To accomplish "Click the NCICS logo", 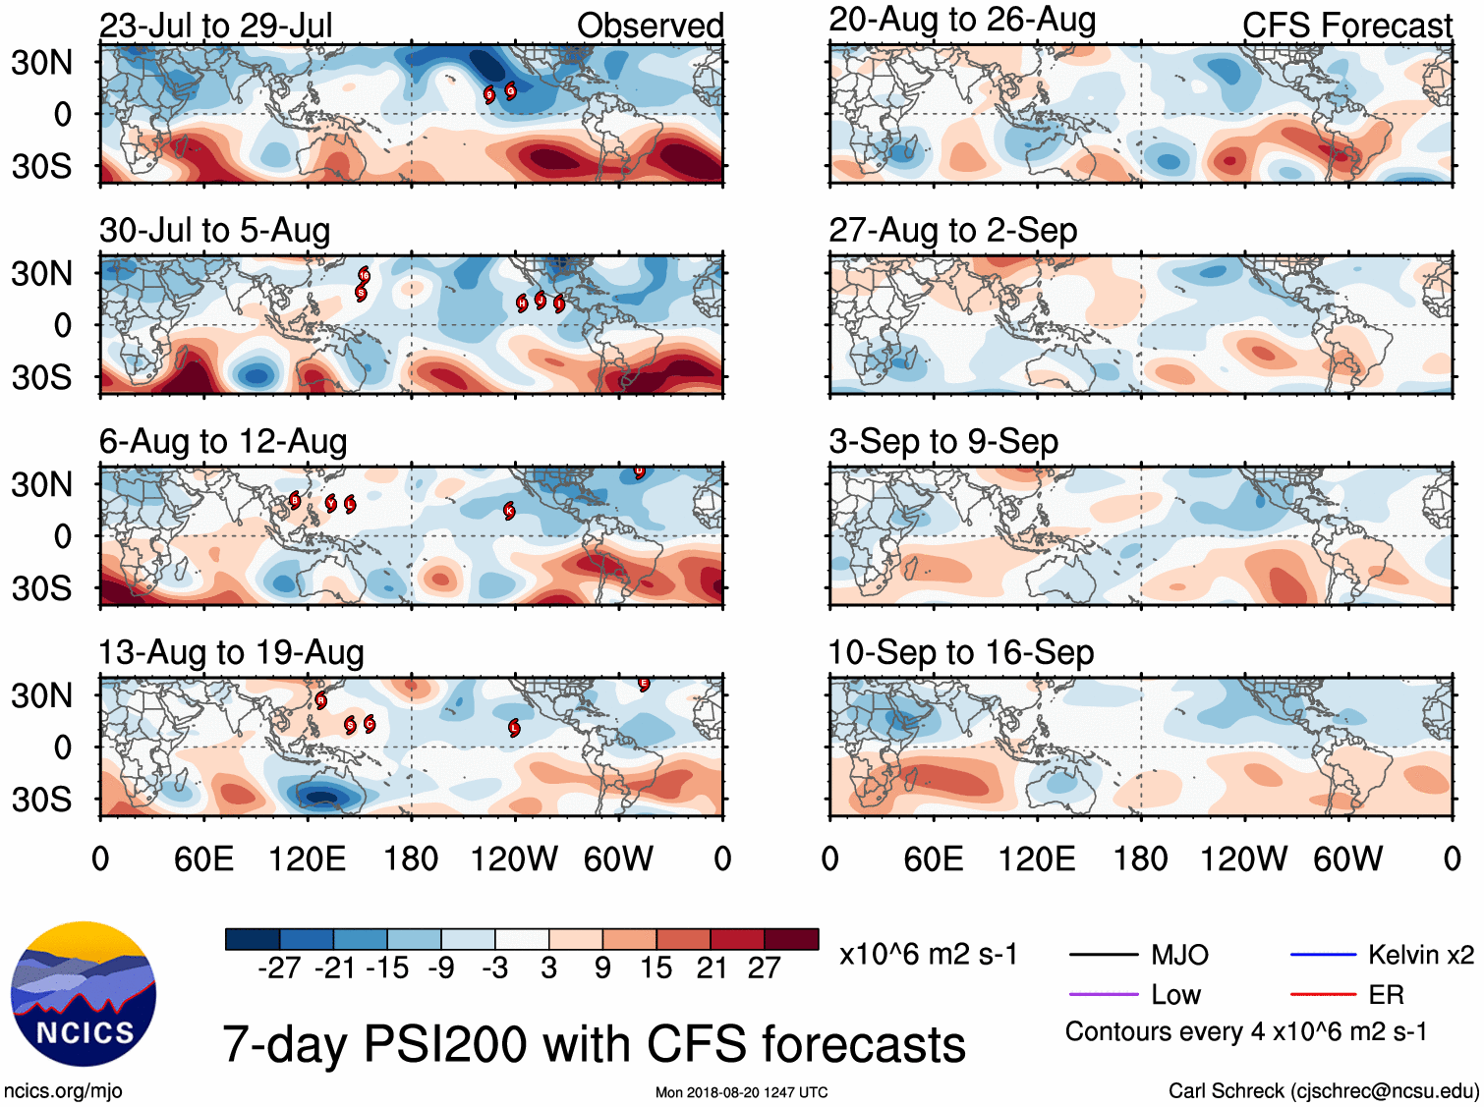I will pyautogui.click(x=83, y=994).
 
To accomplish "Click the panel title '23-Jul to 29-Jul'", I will pyautogui.click(x=215, y=26).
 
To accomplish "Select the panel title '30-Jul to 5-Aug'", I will pyautogui.click(x=214, y=231).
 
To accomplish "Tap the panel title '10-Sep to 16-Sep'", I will pyautogui.click(x=960, y=652).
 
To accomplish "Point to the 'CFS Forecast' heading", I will pyautogui.click(x=1346, y=26).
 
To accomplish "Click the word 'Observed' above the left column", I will pyautogui.click(x=650, y=26).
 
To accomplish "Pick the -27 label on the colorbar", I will pyautogui.click(x=279, y=969).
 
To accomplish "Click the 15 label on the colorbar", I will pyautogui.click(x=656, y=969).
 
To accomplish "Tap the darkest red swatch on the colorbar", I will pyautogui.click(x=791, y=939).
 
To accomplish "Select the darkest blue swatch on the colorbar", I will pyautogui.click(x=253, y=939).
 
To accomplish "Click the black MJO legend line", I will pyautogui.click(x=1103, y=955).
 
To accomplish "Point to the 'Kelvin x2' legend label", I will pyautogui.click(x=1420, y=955).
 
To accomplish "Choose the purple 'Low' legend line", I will pyautogui.click(x=1103, y=995).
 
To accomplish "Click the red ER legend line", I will pyautogui.click(x=1322, y=995).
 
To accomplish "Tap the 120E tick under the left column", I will pyautogui.click(x=307, y=859).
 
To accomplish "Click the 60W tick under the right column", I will pyautogui.click(x=1347, y=859).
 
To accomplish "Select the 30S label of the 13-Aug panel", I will pyautogui.click(x=41, y=800).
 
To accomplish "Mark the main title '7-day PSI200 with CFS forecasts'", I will pyautogui.click(x=594, y=1044).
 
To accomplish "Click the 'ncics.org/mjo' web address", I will pyautogui.click(x=63, y=1090).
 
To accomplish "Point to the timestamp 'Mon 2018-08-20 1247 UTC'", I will pyautogui.click(x=741, y=1092).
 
